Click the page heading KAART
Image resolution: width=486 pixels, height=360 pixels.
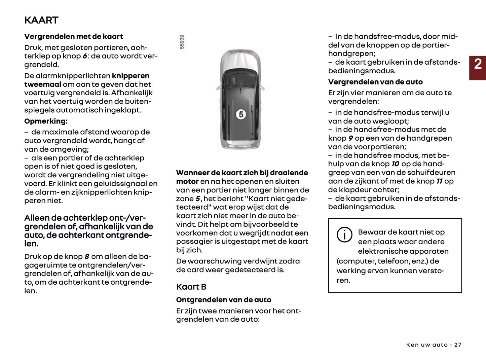41,20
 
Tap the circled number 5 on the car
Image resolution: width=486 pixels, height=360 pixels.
241,114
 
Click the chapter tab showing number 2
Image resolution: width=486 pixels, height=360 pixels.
478,64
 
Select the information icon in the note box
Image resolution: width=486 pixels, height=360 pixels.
344,235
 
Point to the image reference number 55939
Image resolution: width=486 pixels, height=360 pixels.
182,42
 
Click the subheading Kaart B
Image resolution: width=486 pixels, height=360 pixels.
191,287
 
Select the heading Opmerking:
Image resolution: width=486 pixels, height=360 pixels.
46,121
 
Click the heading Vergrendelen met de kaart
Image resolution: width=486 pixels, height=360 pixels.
73,36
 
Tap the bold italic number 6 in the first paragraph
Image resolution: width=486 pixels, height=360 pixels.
85,56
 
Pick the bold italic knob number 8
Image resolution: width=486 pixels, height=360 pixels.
87,257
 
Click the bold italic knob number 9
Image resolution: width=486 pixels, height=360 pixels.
350,138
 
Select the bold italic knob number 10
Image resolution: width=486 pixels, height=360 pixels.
395,164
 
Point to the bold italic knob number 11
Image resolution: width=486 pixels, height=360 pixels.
439,181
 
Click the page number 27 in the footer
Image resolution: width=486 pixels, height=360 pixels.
457,345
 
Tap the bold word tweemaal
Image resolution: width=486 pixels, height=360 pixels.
42,84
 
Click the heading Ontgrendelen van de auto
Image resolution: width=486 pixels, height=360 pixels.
223,300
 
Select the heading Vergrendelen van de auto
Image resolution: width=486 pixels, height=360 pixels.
375,82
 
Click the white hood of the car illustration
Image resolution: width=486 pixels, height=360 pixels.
240,59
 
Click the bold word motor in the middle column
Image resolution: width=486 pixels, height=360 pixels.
187,182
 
